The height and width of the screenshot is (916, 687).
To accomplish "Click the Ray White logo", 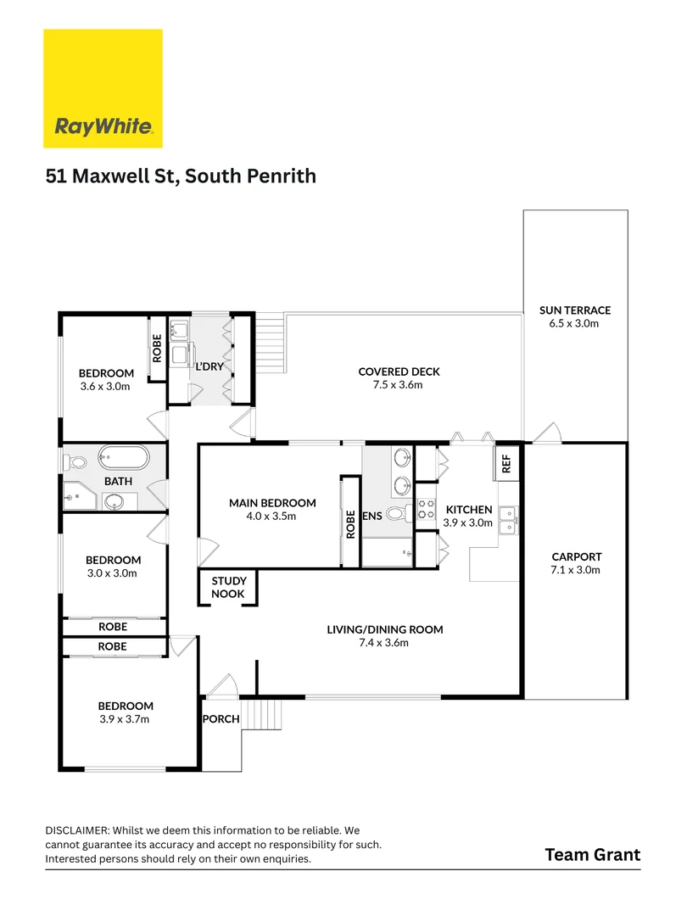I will [103, 89].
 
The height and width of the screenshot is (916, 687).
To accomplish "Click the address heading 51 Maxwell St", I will [181, 176].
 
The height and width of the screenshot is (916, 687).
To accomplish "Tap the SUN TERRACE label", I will [574, 310].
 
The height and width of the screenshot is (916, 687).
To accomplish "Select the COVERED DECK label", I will [399, 371].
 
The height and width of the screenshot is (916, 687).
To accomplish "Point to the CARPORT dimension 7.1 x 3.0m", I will [575, 570].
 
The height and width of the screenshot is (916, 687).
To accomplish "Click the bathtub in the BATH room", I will [123, 460].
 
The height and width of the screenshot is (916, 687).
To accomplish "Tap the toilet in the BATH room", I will [75, 463].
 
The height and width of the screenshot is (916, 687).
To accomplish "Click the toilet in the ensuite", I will [395, 513].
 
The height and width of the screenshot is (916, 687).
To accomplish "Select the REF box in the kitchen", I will [506, 463].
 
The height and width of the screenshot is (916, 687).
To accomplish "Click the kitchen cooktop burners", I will [425, 511].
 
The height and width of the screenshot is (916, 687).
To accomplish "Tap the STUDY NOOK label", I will [228, 588].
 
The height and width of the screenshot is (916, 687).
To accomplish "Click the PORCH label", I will [221, 719].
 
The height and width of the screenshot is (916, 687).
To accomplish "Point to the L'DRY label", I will [209, 368].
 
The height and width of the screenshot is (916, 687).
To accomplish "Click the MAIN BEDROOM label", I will [272, 503].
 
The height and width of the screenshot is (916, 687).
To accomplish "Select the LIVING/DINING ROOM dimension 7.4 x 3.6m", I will [385, 643].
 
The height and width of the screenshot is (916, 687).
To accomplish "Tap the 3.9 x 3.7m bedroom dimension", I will [126, 719].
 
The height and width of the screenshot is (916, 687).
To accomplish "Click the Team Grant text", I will [592, 854].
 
